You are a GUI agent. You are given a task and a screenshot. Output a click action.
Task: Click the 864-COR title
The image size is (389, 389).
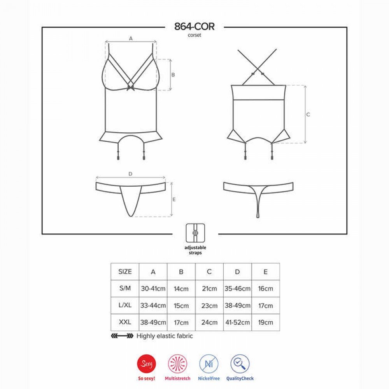pos(194,26)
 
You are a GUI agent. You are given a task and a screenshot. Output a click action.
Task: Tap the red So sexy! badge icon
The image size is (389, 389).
pos(146,364)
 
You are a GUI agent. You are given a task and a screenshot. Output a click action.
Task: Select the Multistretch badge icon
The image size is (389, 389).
pos(178,364)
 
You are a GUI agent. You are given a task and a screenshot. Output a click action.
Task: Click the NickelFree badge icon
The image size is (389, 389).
pos(209,364)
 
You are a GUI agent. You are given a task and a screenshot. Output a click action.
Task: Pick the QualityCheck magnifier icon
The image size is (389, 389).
pos(240,364)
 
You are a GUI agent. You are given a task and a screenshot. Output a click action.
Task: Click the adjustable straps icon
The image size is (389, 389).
pos(196,233)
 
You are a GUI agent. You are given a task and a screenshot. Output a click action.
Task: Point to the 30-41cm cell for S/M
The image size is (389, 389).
pos(153,289)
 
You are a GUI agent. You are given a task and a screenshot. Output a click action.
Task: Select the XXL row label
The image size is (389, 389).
pos(125,322)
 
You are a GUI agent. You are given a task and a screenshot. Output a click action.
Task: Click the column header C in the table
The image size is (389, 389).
pos(209,272)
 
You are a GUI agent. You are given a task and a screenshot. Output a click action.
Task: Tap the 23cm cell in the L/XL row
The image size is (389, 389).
pos(209,305)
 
